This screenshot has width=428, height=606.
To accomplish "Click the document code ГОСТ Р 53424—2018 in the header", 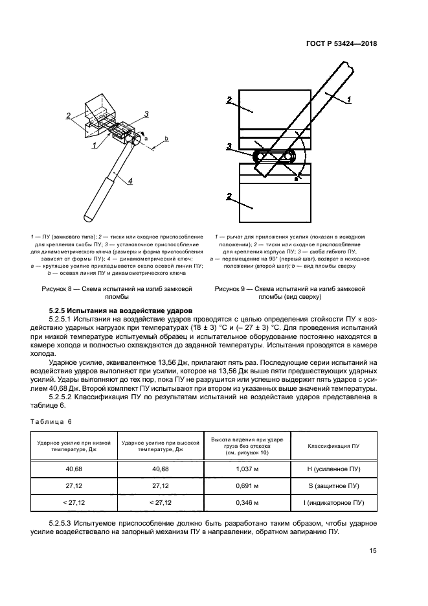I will (x=341, y=43).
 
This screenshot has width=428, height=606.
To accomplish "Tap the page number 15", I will (x=373, y=551).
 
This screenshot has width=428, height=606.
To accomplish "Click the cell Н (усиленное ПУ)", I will (x=334, y=469).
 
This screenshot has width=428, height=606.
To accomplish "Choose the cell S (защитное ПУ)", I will (x=334, y=485).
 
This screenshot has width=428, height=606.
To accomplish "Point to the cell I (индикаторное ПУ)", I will (x=334, y=502).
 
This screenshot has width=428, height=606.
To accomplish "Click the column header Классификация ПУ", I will (x=334, y=447).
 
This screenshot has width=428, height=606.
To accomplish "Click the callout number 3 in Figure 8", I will (x=146, y=114).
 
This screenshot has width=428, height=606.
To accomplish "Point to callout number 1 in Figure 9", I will (x=348, y=99).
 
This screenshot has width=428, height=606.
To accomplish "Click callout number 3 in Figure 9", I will (x=229, y=146).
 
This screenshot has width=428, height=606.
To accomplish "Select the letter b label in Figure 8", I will (x=166, y=139).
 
